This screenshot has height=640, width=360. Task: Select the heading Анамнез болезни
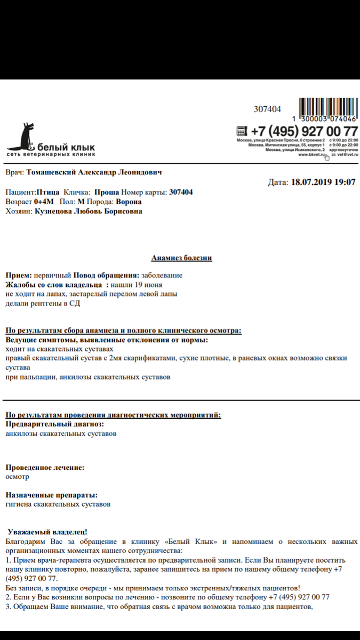pos(182,258)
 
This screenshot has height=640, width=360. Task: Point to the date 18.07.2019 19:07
pos(323,182)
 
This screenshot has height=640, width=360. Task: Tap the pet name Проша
pos(107,192)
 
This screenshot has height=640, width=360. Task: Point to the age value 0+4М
pos(44,202)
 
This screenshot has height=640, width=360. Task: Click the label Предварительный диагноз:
pos(54,424)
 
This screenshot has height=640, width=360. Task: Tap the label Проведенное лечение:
pos(45,467)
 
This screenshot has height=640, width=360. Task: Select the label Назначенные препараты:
pos(51,494)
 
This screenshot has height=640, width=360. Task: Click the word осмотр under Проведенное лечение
pos(17,476)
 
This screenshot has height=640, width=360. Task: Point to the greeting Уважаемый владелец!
pos(48,532)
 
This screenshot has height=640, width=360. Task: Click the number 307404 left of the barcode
pos(267,109)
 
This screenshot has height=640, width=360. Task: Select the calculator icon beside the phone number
pos(242,131)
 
